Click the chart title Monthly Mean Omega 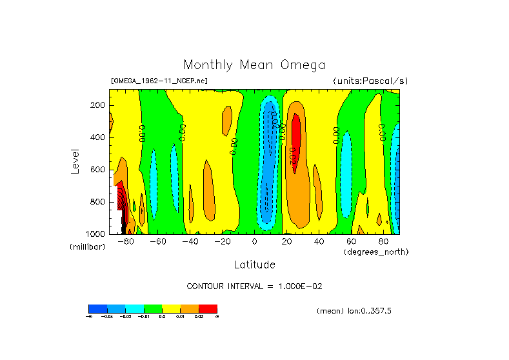(254, 65)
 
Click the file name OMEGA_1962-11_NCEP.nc (159, 81)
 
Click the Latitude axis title (254, 265)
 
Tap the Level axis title (75, 161)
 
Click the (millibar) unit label (87, 247)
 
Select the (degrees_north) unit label (376, 252)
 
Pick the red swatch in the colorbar (208, 308)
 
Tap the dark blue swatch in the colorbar (97, 308)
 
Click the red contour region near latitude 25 (296, 139)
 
